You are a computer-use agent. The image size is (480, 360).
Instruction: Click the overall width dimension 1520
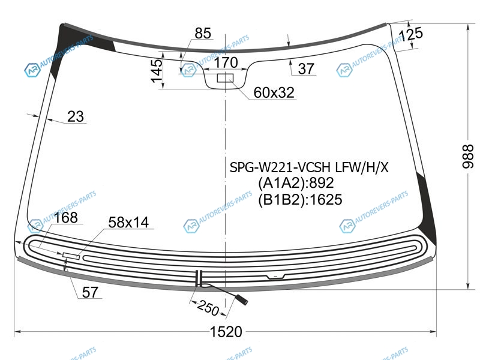tap(226, 332)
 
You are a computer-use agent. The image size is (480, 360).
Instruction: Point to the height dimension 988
tap(467, 156)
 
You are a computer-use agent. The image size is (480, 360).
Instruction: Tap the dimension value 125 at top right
tap(411, 34)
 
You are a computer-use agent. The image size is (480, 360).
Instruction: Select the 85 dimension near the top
tap(203, 33)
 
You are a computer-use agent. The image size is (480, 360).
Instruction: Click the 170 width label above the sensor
tap(226, 62)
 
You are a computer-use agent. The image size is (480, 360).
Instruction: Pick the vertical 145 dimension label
tap(157, 71)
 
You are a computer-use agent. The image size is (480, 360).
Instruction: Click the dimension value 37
tap(306, 68)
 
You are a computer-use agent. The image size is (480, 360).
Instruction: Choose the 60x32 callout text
tap(274, 92)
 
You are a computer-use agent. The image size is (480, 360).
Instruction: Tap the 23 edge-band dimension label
tap(76, 116)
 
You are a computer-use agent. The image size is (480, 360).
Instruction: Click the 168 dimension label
tap(66, 218)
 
